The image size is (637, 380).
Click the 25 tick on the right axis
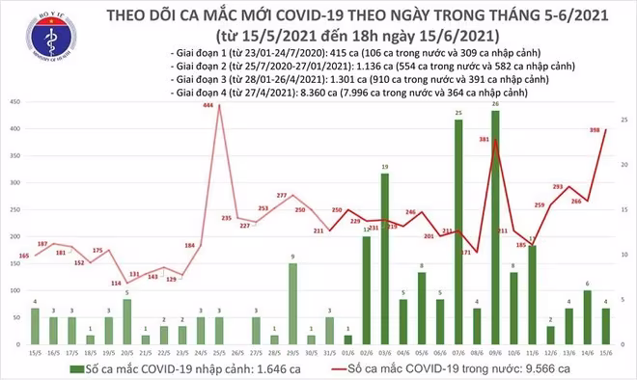click(x=625, y=119)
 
